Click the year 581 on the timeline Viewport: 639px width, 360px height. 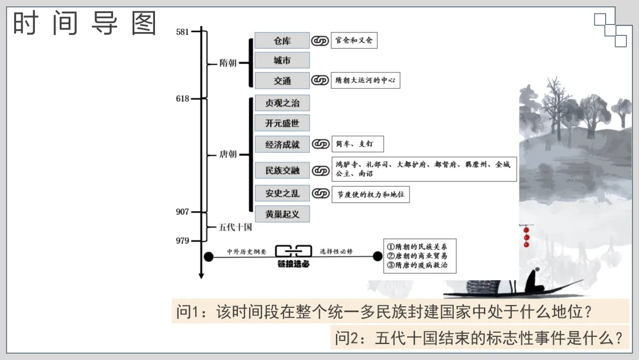tap(182, 32)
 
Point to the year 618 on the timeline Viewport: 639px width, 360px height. tap(182, 99)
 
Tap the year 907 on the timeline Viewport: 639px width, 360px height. tap(182, 212)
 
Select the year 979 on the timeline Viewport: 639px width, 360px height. tap(182, 241)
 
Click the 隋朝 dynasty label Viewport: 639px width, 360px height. tap(228, 63)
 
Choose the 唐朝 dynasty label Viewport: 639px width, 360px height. tap(228, 155)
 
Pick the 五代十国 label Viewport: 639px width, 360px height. tap(235, 227)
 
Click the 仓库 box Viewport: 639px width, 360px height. tap(282, 41)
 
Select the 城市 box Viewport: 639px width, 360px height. tap(282, 60)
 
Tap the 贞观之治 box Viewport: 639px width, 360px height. tap(282, 103)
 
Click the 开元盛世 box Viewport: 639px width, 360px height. tap(282, 123)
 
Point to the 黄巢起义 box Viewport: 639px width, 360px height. tap(282, 214)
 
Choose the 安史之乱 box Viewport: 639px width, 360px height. tap(282, 194)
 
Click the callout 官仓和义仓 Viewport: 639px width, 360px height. tap(354, 41)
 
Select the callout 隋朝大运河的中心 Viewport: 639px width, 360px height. tap(365, 80)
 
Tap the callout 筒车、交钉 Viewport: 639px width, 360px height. tap(357, 144)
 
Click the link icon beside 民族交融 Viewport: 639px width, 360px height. tap(321, 171)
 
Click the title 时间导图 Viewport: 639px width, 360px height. tap(85, 24)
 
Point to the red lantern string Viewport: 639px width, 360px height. tap(526, 236)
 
